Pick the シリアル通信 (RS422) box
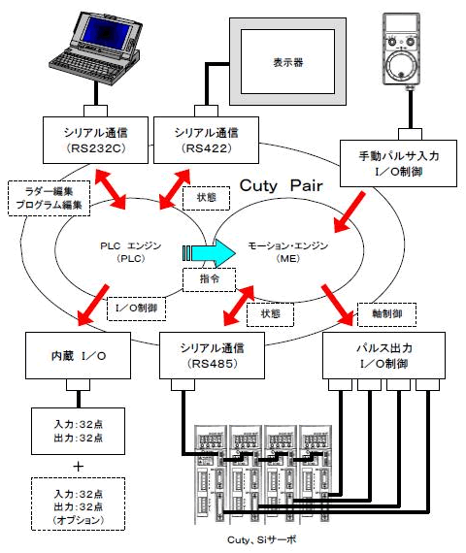pyautogui.click(x=212, y=139)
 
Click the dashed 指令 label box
pyautogui.click(x=209, y=279)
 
